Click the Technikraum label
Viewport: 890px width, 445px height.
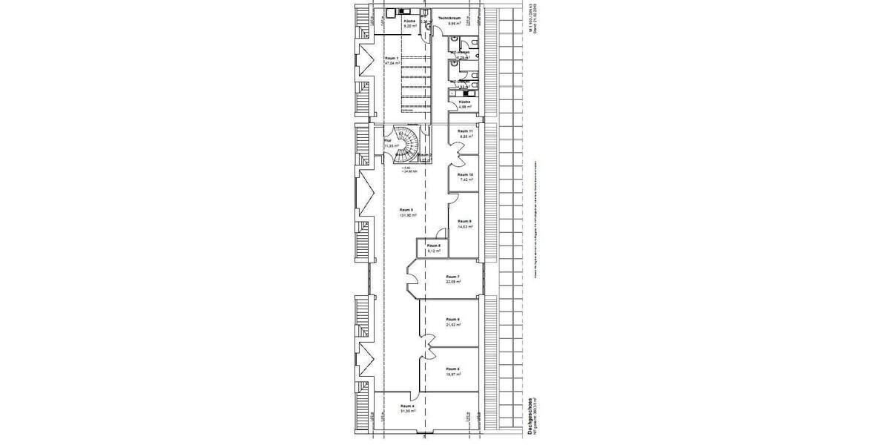click(x=449, y=17)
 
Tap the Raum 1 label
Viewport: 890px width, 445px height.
click(x=392, y=58)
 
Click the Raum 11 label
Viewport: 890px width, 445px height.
click(x=465, y=131)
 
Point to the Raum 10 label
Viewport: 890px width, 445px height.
click(x=466, y=174)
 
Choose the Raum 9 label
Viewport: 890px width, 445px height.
click(x=465, y=221)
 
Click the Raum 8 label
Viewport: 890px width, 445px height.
click(x=434, y=245)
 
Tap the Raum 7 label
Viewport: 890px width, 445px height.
click(x=452, y=277)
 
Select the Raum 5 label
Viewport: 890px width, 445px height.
click(x=406, y=210)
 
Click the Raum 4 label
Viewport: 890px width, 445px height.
click(x=406, y=406)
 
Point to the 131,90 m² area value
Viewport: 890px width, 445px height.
click(x=407, y=215)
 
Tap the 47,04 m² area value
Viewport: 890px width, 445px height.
click(x=392, y=63)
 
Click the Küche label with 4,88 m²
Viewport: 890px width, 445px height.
click(x=464, y=101)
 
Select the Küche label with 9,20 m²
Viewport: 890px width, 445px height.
click(x=409, y=21)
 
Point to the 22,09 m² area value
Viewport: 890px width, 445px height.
click(x=452, y=282)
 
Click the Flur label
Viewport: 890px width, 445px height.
click(x=387, y=140)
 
